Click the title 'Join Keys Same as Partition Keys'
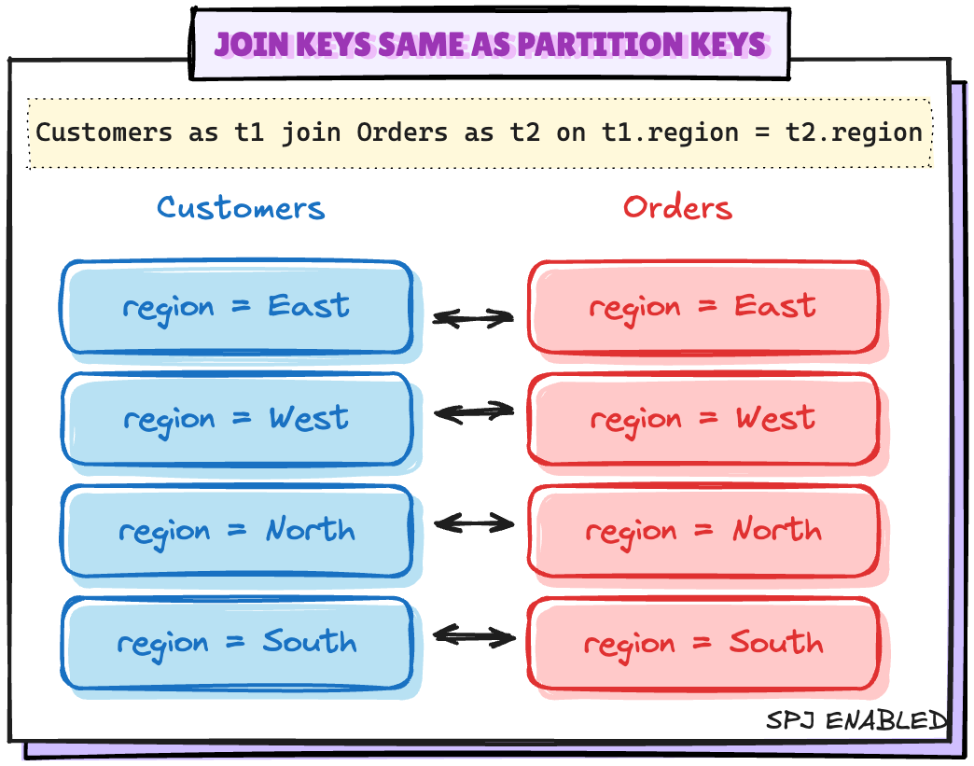click(491, 44)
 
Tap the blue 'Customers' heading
click(241, 207)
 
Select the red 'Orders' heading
click(677, 207)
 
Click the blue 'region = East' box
click(237, 307)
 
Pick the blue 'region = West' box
click(237, 419)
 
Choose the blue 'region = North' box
click(237, 531)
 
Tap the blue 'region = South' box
click(237, 643)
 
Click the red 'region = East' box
click(703, 307)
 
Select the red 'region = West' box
click(703, 419)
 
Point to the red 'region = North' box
click(703, 531)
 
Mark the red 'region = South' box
click(703, 643)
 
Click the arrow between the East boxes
click(473, 318)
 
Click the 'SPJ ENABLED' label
click(856, 720)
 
